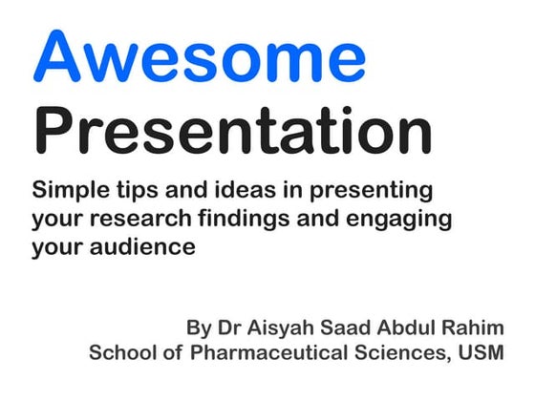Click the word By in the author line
(x=199, y=328)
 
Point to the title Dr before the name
(x=230, y=327)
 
